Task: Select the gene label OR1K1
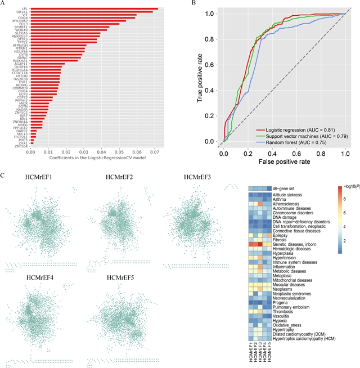click(x=22, y=12)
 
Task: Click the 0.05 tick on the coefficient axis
click(x=119, y=152)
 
